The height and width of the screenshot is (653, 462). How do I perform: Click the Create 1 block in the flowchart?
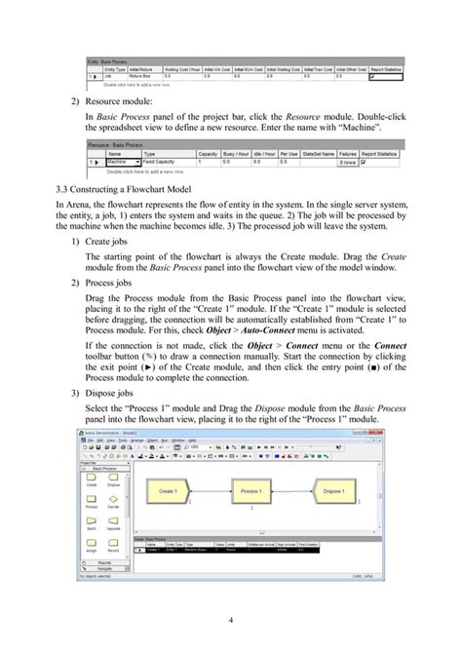169,491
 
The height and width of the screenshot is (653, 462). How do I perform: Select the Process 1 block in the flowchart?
250,491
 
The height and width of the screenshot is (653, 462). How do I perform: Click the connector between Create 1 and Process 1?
211,491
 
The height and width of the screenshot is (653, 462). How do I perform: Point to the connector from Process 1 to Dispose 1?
293,491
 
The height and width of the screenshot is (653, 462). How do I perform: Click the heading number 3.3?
64,187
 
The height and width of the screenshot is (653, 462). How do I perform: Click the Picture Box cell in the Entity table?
159,70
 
